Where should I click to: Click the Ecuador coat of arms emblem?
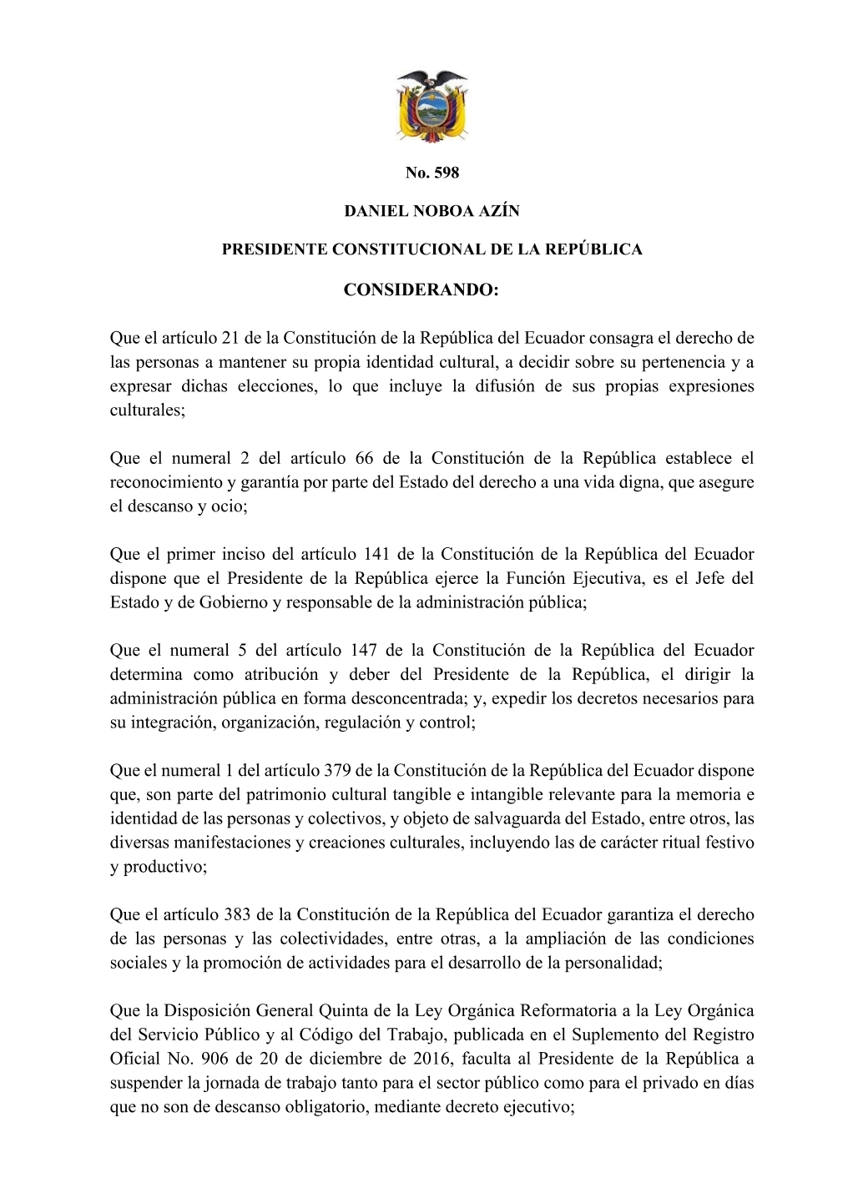tap(431, 106)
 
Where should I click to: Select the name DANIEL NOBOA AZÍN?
tap(432, 212)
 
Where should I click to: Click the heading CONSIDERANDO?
tap(432, 290)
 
